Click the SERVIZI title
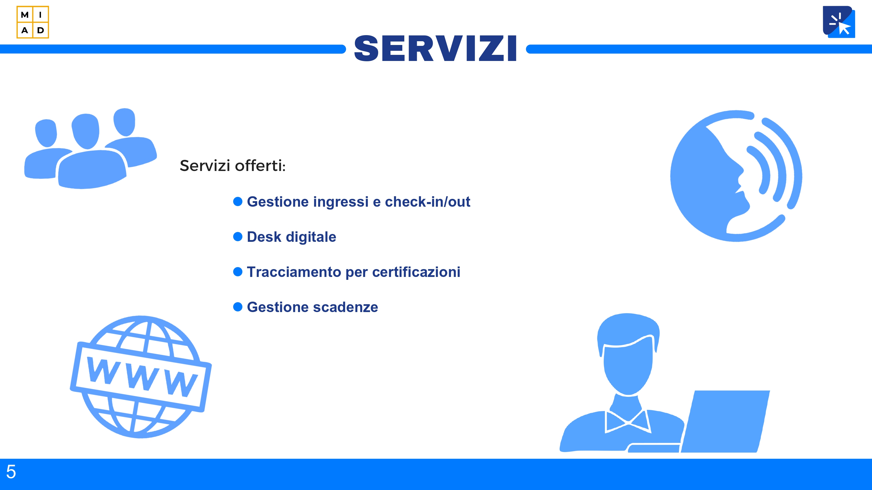436,49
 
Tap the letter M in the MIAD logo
25,15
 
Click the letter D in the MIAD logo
41,30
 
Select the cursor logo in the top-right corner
839,22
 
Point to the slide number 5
11,471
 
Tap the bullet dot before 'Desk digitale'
238,237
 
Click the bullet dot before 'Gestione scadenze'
238,307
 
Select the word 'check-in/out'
428,202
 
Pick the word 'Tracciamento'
294,272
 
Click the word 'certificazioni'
416,272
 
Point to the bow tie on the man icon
628,421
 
